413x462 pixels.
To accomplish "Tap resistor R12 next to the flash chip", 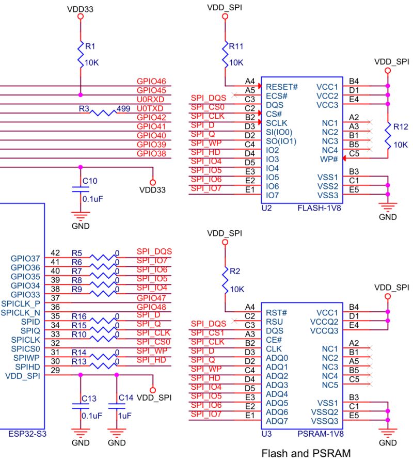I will (388, 135).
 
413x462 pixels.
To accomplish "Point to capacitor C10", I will (80, 189).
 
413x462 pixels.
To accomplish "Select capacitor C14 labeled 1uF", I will (117, 407).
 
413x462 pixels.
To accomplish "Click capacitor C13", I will (80, 407).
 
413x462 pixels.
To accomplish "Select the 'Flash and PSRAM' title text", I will (306, 454).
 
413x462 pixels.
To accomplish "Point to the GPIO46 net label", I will (151, 81).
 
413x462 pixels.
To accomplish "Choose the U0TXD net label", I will (150, 108).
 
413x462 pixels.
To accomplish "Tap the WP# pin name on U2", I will (328, 159).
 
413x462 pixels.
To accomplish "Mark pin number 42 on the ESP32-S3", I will (56, 253).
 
